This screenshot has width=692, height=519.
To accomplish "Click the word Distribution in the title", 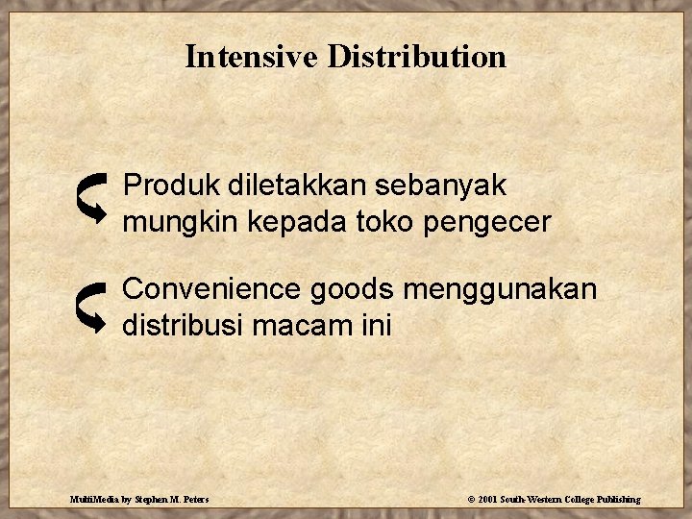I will pyautogui.click(x=416, y=57).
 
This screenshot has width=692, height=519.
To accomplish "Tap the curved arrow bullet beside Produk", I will pyautogui.click(x=92, y=195).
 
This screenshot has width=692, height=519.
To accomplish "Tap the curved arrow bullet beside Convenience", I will pyautogui.click(x=92, y=307).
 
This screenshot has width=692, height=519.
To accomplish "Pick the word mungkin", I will pyautogui.click(x=181, y=223).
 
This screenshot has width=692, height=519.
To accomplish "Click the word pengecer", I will pyautogui.click(x=489, y=223).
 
